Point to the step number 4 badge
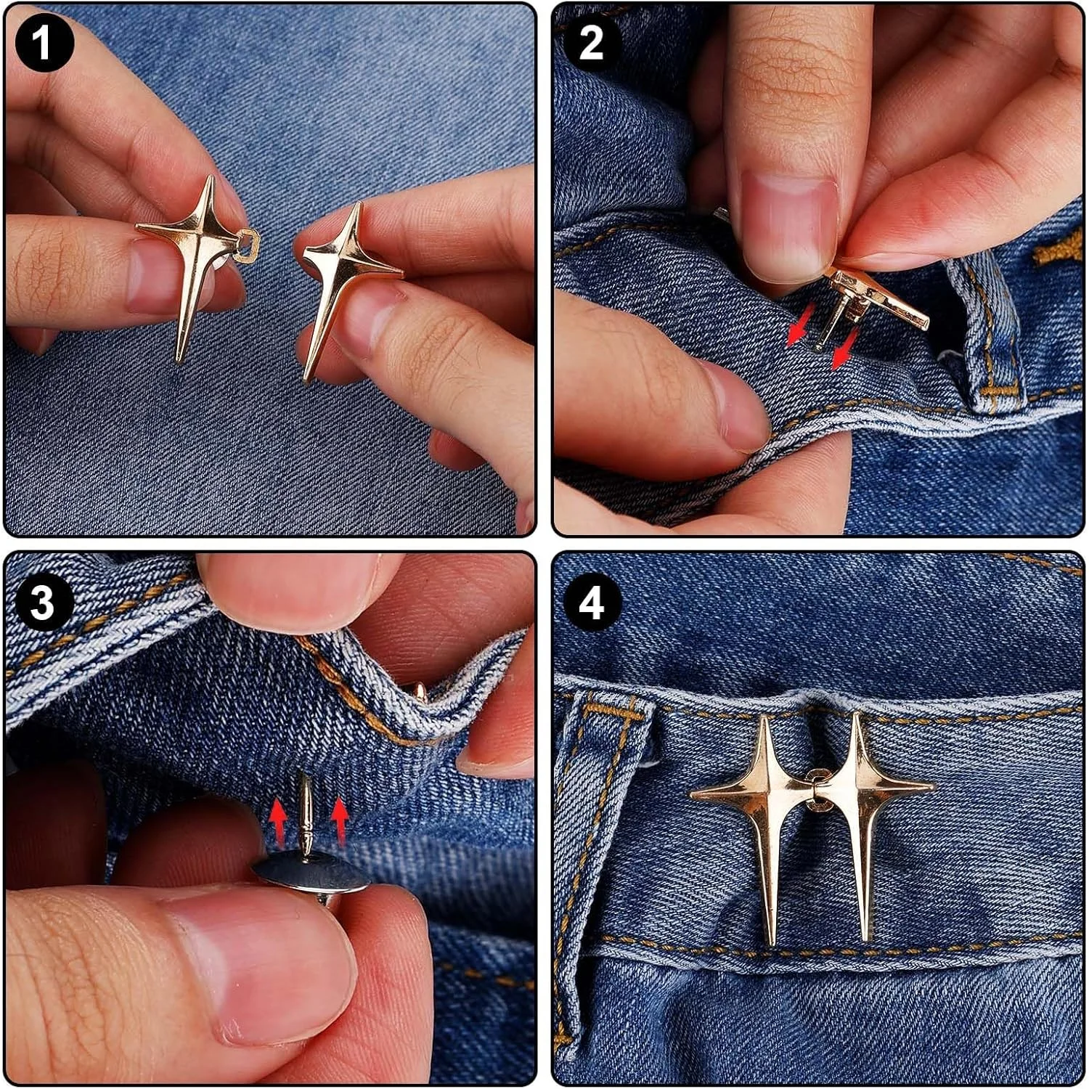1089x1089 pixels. pyautogui.click(x=592, y=603)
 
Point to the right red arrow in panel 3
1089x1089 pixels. pyautogui.click(x=338, y=820)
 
